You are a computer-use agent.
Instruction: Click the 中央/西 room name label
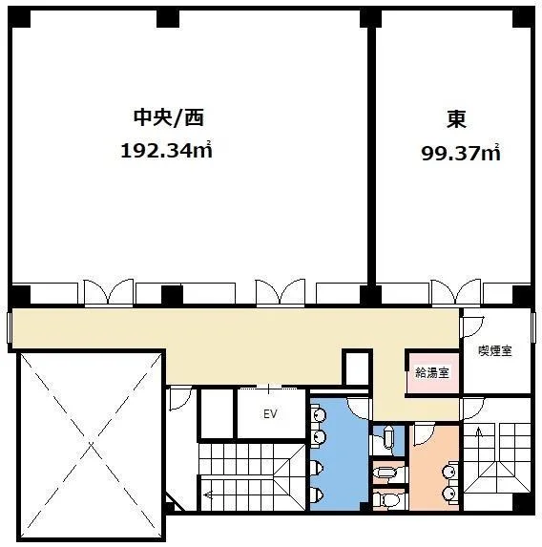[168, 118]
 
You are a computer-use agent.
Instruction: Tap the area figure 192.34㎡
[165, 151]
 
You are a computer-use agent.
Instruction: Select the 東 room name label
[455, 118]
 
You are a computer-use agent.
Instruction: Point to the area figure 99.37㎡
[461, 152]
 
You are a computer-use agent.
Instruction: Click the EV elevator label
[270, 415]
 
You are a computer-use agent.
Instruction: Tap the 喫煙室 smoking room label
[494, 351]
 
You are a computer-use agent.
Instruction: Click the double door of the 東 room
[456, 292]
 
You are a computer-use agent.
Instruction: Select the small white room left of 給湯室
[356, 368]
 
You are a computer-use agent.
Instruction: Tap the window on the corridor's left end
[10, 329]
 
